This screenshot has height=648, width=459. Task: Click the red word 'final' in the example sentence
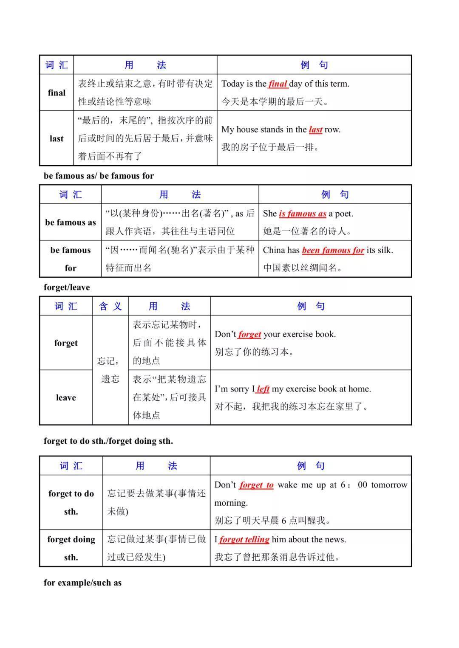coord(278,84)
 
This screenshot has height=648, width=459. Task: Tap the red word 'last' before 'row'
coord(315,130)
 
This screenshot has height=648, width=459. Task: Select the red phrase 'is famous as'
coord(302,214)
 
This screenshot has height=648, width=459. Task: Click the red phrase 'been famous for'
coord(333,251)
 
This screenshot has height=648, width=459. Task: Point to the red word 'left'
coord(263,389)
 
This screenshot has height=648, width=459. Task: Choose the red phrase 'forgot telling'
coord(244,540)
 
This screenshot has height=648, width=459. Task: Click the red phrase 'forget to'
coord(256,485)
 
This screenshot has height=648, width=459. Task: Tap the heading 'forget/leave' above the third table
coord(67,287)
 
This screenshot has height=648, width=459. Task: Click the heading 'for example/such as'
coord(82,583)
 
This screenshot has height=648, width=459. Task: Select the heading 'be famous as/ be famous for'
coord(99,176)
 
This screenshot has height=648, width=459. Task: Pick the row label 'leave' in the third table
coord(66,398)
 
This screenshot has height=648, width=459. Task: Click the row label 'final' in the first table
coord(57,93)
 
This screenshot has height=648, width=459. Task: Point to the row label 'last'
coord(57,139)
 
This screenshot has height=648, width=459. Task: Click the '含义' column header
coord(110,307)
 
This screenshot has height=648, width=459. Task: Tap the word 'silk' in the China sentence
coord(385,251)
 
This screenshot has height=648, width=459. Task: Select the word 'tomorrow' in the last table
coord(389,485)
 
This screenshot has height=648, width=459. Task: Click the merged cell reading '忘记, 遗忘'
coord(110,370)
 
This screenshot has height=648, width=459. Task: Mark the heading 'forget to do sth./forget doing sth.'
coord(108,441)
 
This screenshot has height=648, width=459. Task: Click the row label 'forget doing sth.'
coord(71,548)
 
